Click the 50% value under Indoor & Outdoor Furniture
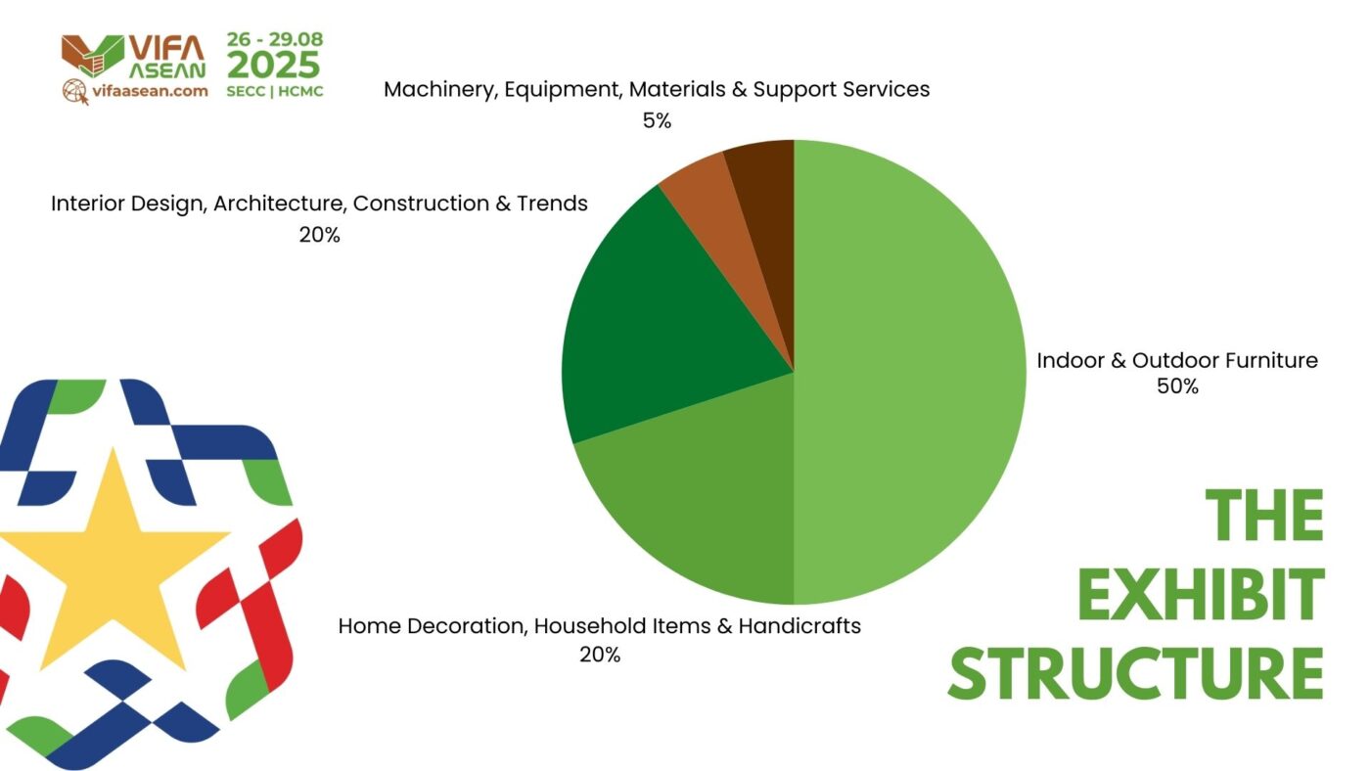pyautogui.click(x=1177, y=385)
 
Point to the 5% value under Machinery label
pyautogui.click(x=657, y=120)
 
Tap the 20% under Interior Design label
pyautogui.click(x=319, y=235)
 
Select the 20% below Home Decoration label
pyautogui.click(x=600, y=655)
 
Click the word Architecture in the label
pyautogui.click(x=279, y=204)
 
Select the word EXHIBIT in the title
pyautogui.click(x=1201, y=595)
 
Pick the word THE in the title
pyautogui.click(x=1264, y=516)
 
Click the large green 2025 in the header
pyautogui.click(x=273, y=65)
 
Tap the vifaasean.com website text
pyautogui.click(x=150, y=91)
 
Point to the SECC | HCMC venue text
pyautogui.click(x=275, y=92)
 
